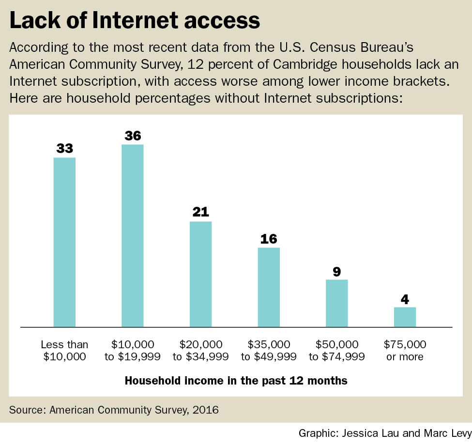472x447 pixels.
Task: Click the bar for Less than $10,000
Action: pyautogui.click(x=64, y=242)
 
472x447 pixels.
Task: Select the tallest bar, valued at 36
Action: pyautogui.click(x=132, y=235)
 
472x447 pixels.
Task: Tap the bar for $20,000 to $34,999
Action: pyautogui.click(x=200, y=274)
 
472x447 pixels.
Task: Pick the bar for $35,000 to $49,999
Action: pyautogui.click(x=269, y=287)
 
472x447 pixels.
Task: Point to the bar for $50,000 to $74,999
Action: pyautogui.click(x=336, y=303)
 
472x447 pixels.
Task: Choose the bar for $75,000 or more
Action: pyautogui.click(x=405, y=317)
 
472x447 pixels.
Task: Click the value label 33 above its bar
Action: pyautogui.click(x=64, y=149)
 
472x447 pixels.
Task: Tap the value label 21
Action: pyautogui.click(x=200, y=212)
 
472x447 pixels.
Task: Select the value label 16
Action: pyautogui.click(x=269, y=239)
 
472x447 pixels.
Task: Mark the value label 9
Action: pyautogui.click(x=336, y=271)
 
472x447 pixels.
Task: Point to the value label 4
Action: pyautogui.click(x=405, y=298)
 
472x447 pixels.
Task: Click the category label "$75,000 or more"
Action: pyautogui.click(x=405, y=351)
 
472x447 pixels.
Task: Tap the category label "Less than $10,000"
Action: pyautogui.click(x=64, y=351)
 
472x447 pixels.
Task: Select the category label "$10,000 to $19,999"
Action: pyautogui.click(x=132, y=351)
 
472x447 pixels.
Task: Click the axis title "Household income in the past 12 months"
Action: pyautogui.click(x=236, y=381)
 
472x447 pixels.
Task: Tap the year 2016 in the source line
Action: pyautogui.click(x=206, y=410)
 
